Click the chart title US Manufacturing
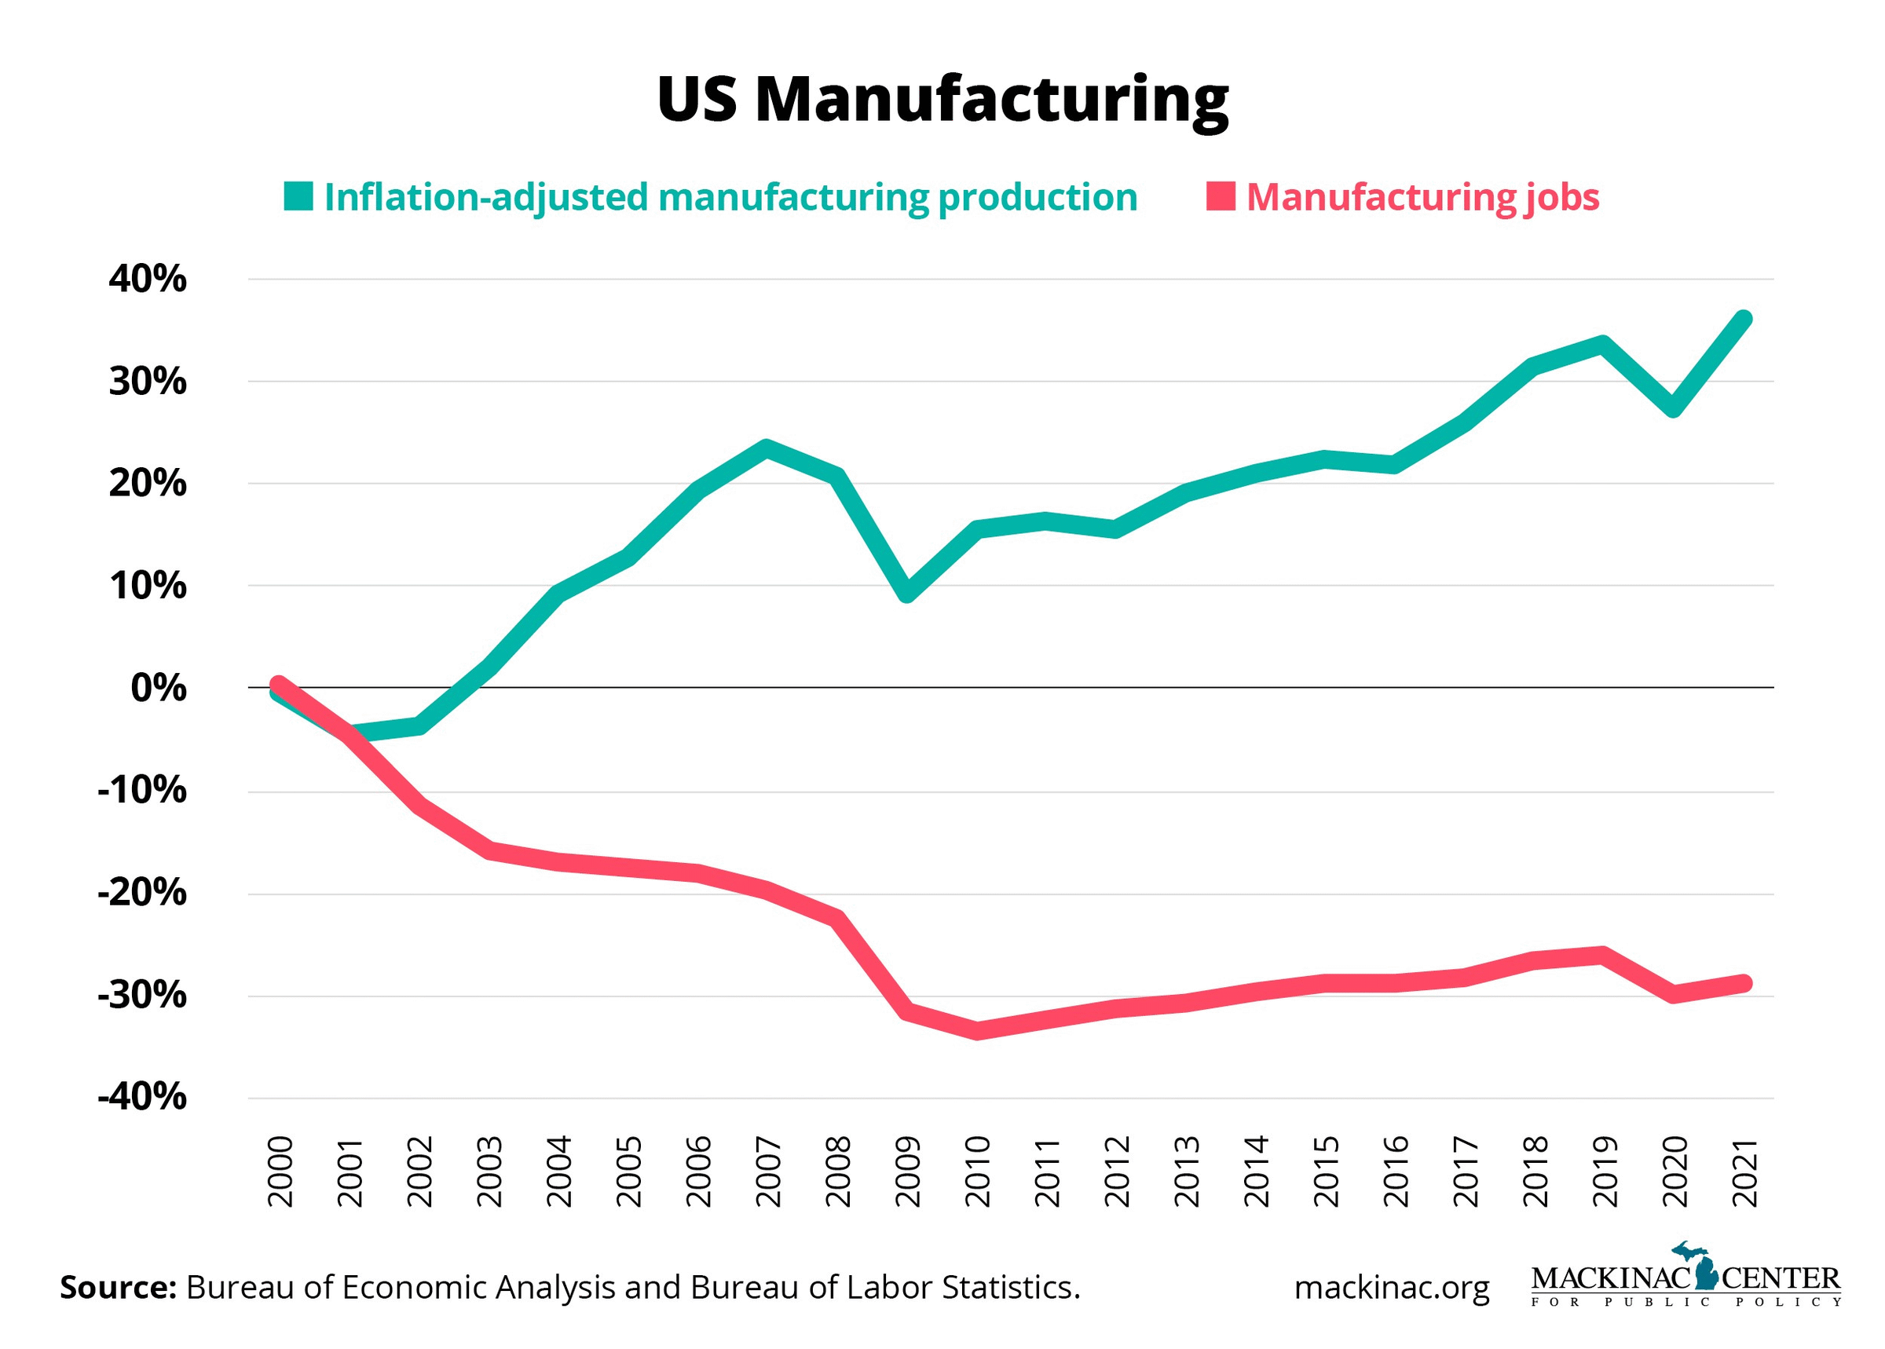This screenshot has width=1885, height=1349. pos(942,99)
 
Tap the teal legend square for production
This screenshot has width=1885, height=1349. pos(298,196)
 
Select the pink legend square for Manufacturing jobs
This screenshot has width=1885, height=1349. pos(1220,196)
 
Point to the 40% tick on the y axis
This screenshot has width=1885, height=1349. pos(147,279)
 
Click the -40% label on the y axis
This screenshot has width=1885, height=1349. pos(142,1097)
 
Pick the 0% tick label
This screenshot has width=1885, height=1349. pos(158,688)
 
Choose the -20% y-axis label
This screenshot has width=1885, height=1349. pos(142,893)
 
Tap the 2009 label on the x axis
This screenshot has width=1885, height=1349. pos(907,1172)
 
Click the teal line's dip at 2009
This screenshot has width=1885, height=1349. pos(907,593)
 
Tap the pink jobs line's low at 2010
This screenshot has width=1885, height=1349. pos(977,1031)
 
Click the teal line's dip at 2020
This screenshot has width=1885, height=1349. pos(1673,408)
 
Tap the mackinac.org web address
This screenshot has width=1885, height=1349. pos(1392,1288)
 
